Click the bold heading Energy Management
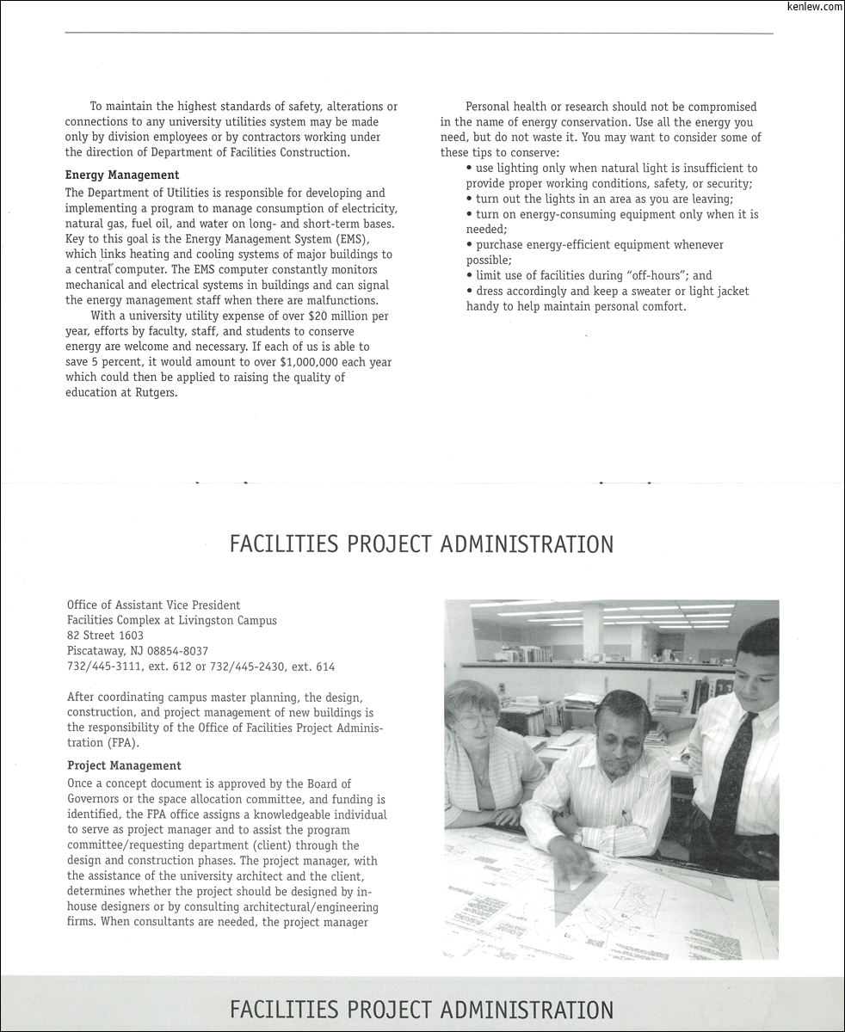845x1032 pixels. click(122, 175)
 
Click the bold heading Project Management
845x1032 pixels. click(124, 765)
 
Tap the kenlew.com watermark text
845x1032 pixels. click(814, 7)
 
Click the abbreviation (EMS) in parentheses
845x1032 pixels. click(311, 239)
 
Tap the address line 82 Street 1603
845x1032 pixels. click(105, 636)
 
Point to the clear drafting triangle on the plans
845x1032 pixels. click(594, 886)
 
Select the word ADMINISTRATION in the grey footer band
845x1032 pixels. click(527, 1010)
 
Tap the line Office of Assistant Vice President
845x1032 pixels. click(154, 605)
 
